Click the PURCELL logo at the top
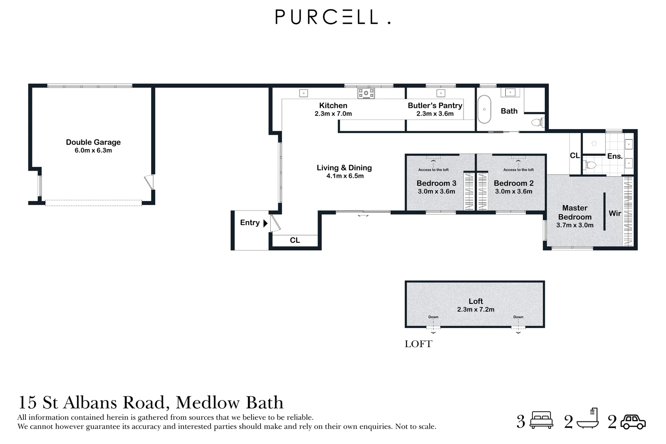tap(332, 17)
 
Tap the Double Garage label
tap(93, 142)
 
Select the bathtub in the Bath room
tap(484, 109)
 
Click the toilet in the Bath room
tap(537, 122)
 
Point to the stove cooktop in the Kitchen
tap(366, 93)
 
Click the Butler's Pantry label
tap(435, 105)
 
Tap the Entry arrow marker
tap(265, 223)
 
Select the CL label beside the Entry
tap(295, 240)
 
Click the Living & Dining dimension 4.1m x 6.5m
tap(345, 176)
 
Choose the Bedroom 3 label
tap(436, 183)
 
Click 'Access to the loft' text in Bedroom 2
tap(519, 170)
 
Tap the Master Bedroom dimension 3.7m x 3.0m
tap(575, 225)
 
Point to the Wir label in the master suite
tap(615, 213)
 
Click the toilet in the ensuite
tap(590, 165)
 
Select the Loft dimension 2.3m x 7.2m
tap(475, 310)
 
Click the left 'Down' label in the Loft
tap(433, 317)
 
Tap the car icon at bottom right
tap(633, 422)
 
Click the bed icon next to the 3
tap(542, 420)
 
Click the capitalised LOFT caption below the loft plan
tap(418, 344)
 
